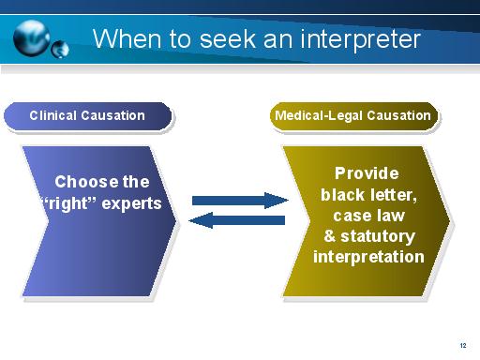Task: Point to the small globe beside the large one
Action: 61,48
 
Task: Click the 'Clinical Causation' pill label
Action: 87,116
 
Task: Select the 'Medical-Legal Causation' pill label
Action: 352,116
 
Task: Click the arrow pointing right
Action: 240,200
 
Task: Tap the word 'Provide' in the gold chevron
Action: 367,173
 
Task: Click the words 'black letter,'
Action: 367,195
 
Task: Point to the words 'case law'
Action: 367,216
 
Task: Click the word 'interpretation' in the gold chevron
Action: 367,257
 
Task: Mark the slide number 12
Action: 463,345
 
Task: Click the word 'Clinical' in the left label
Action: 54,116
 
